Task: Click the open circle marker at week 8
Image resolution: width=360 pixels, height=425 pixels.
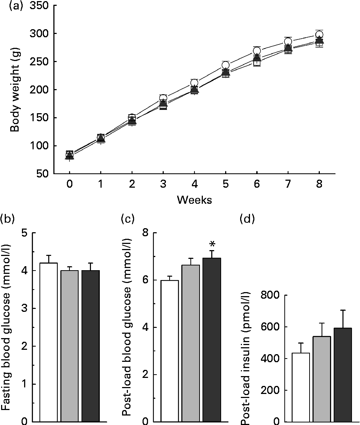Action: point(319,35)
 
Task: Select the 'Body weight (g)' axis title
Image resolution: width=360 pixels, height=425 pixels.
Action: point(15,90)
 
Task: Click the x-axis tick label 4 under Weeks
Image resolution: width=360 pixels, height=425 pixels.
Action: point(194,184)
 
